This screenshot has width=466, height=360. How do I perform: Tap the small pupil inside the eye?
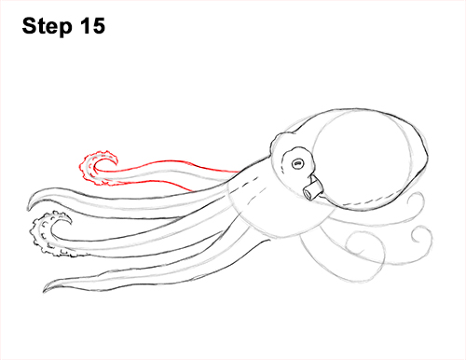pos(298,163)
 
